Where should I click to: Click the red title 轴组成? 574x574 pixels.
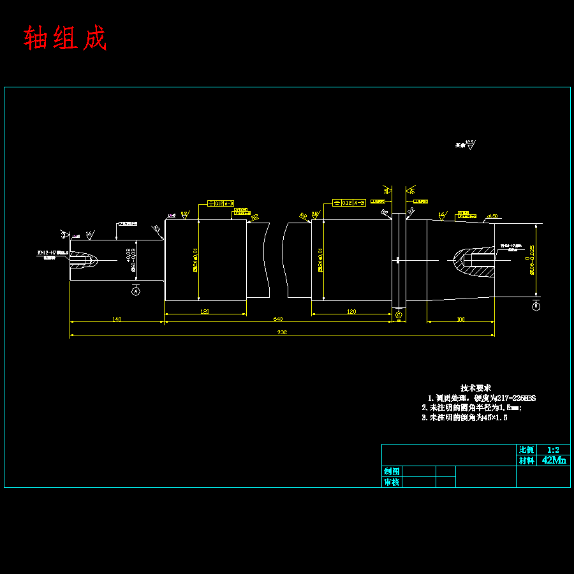[65, 38]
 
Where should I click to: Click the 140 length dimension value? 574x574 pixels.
[117, 319]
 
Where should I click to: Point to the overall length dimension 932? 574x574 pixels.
[281, 332]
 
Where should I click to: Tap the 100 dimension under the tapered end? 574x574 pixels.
[460, 319]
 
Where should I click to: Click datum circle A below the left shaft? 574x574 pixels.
[135, 291]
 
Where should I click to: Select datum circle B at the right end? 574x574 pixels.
[536, 307]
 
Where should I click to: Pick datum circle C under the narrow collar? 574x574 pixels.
[399, 315]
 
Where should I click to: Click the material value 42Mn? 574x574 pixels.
[554, 460]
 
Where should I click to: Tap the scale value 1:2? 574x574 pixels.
[553, 450]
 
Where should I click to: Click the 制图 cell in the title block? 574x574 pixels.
[392, 471]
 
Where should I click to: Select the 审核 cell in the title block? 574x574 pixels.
[392, 482]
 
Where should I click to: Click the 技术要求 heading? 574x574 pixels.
[476, 388]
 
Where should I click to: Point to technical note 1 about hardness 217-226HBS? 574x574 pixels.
[482, 398]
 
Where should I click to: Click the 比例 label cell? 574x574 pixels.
[526, 450]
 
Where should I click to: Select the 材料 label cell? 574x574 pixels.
[526, 460]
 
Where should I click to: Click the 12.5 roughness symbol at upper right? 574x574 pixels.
[469, 145]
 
